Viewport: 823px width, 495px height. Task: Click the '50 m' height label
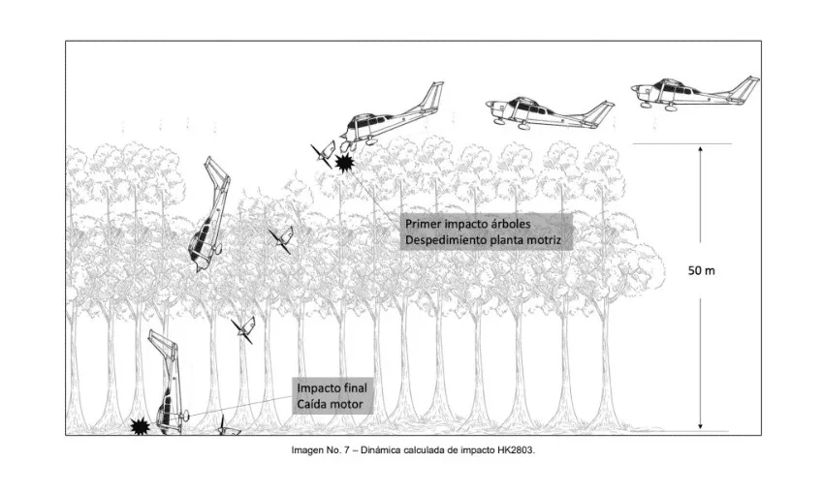coord(701,270)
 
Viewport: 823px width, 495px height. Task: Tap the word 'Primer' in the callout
coord(423,224)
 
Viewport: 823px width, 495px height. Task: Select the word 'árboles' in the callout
coord(510,224)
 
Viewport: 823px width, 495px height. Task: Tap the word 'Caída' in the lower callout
coord(312,404)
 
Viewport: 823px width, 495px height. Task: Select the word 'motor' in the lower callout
coord(346,404)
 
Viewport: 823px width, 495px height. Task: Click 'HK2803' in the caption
coord(516,449)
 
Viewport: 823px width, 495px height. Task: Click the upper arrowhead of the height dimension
coord(700,150)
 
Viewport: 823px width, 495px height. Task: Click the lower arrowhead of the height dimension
coord(700,426)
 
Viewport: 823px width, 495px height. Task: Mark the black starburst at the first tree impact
coord(345,163)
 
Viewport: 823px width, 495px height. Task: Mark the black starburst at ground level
coord(141,426)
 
